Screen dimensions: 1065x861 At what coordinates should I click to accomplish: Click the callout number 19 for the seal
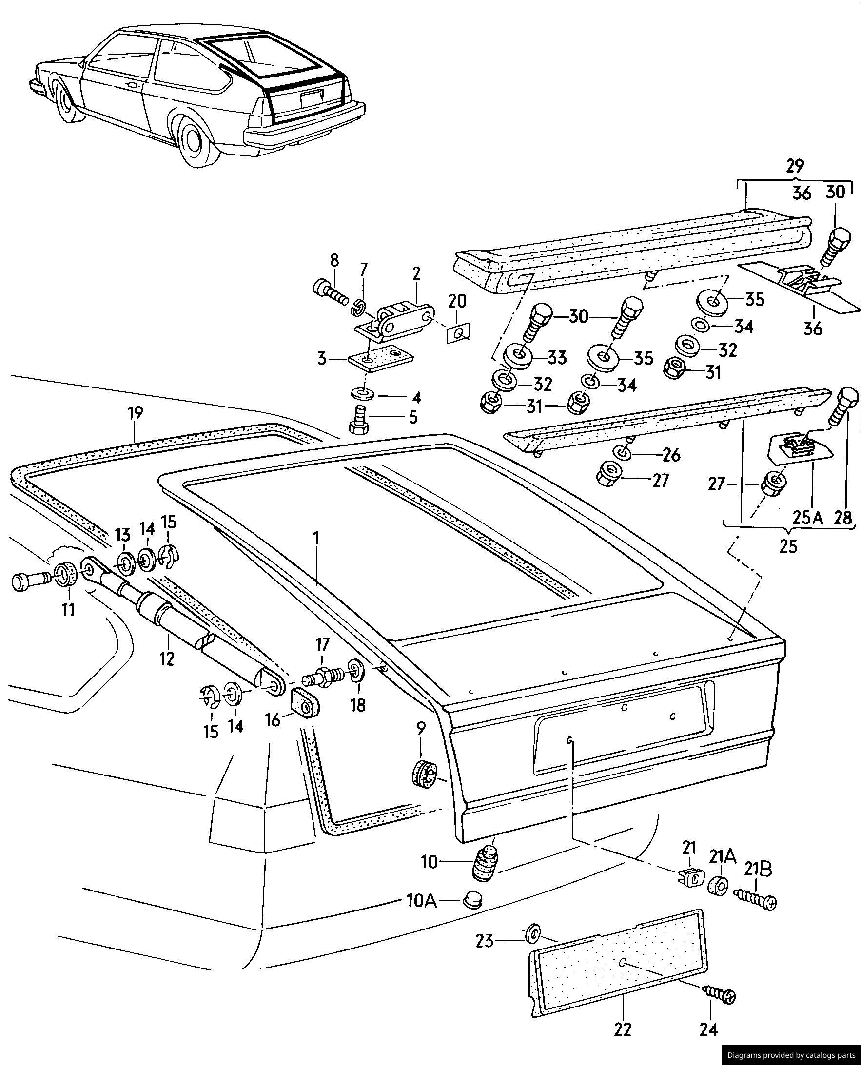coord(135,413)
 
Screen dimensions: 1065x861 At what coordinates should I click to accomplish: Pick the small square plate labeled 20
coord(458,333)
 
